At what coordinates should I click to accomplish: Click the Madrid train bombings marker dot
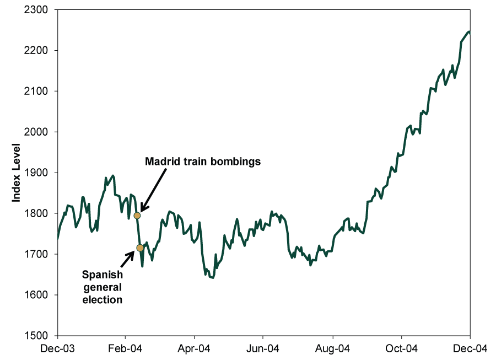pos(137,216)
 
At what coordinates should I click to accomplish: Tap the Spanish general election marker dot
pos(140,248)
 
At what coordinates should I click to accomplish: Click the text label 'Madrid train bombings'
pos(203,162)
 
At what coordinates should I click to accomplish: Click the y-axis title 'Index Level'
pos(17,173)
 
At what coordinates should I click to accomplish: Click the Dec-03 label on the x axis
pos(57,349)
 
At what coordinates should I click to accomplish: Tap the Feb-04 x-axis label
pos(126,349)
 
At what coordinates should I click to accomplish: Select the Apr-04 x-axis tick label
pos(195,349)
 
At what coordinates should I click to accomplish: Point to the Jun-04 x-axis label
pos(263,349)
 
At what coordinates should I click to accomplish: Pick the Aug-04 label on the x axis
pos(333,349)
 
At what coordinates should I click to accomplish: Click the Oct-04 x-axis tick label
pos(402,349)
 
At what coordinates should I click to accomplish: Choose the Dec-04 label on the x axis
pos(470,349)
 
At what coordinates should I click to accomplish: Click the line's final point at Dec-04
pos(470,32)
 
